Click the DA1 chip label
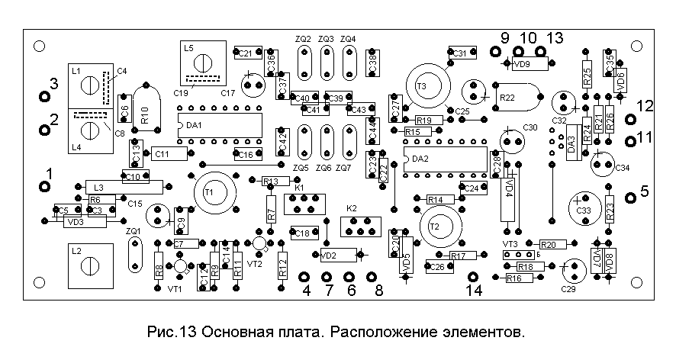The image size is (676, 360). [x=195, y=124]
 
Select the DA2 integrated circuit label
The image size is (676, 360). [x=420, y=159]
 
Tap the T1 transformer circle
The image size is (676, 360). [x=209, y=192]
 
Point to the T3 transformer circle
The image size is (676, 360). [x=423, y=86]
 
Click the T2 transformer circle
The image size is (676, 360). [x=436, y=227]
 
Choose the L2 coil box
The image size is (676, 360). [x=90, y=265]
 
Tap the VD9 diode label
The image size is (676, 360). [x=522, y=65]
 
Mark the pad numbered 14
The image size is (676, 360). [x=475, y=291]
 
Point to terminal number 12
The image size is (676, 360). [x=645, y=108]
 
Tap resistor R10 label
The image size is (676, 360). [x=144, y=115]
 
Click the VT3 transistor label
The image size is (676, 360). [x=510, y=243]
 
